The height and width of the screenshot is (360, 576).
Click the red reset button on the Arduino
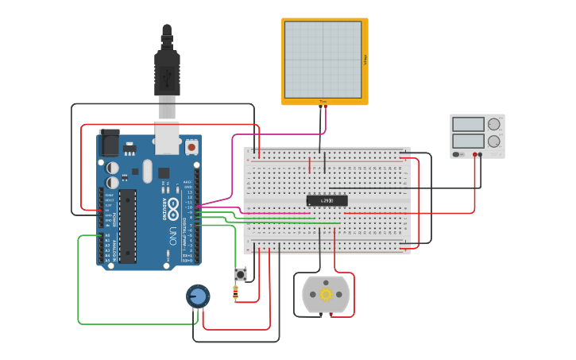click(x=191, y=147)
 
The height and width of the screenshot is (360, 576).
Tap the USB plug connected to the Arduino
click(x=167, y=75)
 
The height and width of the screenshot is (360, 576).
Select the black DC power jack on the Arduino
click(x=109, y=142)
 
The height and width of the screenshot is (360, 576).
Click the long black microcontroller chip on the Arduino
click(x=128, y=225)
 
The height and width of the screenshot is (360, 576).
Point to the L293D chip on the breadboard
click(x=327, y=200)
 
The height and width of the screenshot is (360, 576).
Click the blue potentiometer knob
click(x=198, y=296)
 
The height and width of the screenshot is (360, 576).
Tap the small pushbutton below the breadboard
click(x=240, y=274)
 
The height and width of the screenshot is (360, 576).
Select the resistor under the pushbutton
click(x=235, y=293)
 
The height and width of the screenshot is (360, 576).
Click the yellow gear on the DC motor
click(x=326, y=295)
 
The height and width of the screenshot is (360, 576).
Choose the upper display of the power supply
click(x=468, y=125)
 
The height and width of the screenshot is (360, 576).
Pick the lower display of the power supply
click(x=468, y=141)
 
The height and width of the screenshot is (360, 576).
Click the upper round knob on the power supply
click(x=494, y=125)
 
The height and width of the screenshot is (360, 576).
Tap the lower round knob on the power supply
click(x=494, y=141)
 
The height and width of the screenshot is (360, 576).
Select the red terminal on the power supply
click(x=475, y=155)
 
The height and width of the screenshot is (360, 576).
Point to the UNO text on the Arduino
click(x=173, y=235)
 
